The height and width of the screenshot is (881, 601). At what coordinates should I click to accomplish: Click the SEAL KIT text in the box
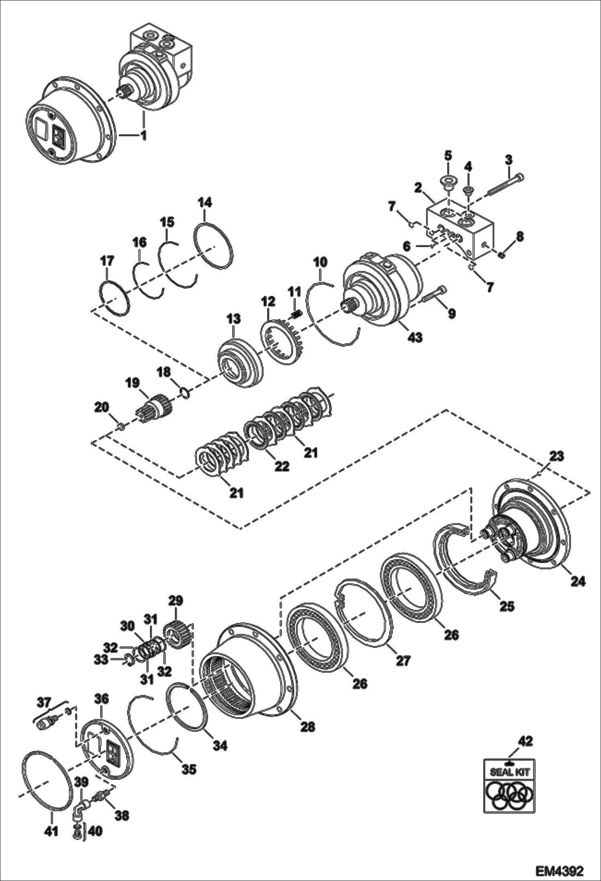(510, 772)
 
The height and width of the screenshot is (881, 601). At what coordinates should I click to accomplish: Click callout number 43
(415, 337)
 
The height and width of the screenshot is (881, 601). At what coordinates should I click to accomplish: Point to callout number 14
(205, 202)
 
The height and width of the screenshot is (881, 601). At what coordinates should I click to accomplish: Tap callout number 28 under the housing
(308, 726)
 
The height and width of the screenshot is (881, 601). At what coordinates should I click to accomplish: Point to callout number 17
(107, 262)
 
